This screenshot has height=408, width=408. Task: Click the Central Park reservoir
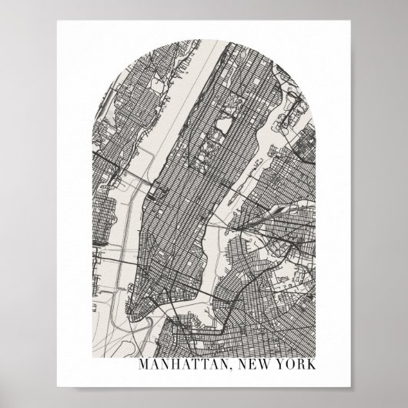point(225,122)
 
